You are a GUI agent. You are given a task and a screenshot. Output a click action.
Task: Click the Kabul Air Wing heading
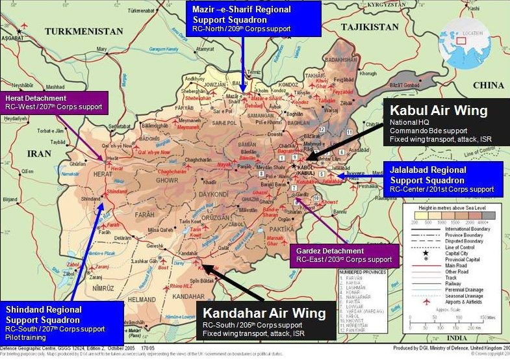click(439, 110)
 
